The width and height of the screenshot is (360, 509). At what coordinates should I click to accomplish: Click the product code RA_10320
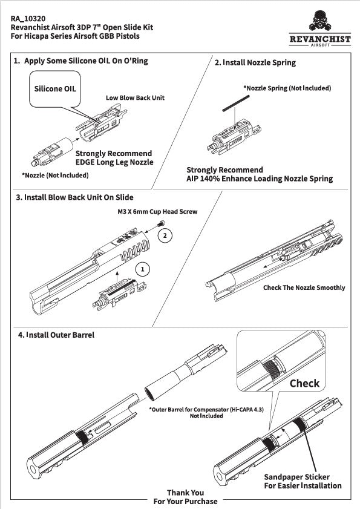[28, 19]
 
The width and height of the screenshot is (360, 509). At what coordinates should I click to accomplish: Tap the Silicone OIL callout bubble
[55, 88]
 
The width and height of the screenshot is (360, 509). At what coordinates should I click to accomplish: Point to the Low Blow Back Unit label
[135, 97]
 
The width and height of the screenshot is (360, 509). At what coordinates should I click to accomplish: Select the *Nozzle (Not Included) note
[55, 176]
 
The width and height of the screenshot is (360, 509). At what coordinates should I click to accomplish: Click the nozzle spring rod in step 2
[236, 103]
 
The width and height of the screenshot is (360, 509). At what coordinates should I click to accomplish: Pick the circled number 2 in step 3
[165, 235]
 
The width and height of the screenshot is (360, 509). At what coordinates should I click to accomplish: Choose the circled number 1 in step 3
[143, 269]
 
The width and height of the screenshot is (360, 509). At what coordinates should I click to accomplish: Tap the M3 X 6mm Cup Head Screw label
[157, 212]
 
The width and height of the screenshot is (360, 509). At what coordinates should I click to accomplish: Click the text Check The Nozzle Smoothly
[304, 287]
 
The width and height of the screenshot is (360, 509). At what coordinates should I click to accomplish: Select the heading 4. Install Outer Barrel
[56, 335]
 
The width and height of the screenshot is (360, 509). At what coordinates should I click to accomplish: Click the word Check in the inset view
[304, 383]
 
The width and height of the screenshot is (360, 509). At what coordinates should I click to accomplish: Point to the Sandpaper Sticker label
[296, 477]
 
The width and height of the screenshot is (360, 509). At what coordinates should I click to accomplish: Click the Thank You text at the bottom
[185, 493]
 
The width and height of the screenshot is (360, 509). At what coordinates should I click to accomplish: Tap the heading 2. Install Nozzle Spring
[255, 63]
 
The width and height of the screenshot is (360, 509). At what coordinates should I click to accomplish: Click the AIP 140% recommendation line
[260, 179]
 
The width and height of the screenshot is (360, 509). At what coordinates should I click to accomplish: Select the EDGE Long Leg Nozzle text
[114, 162]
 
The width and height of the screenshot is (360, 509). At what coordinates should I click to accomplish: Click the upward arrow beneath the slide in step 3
[117, 277]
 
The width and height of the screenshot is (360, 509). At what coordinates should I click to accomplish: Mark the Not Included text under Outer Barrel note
[206, 416]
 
